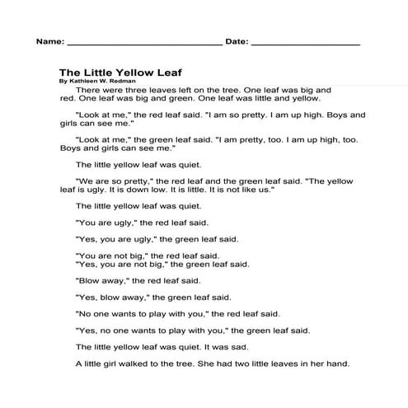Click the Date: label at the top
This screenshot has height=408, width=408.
235,40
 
